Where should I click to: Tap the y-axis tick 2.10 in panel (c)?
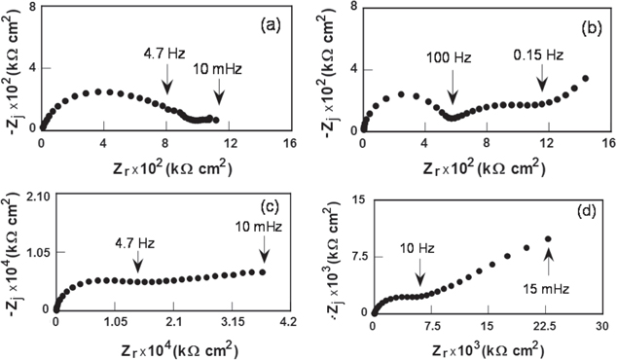coord(36,198)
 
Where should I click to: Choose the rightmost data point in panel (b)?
coord(586,79)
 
